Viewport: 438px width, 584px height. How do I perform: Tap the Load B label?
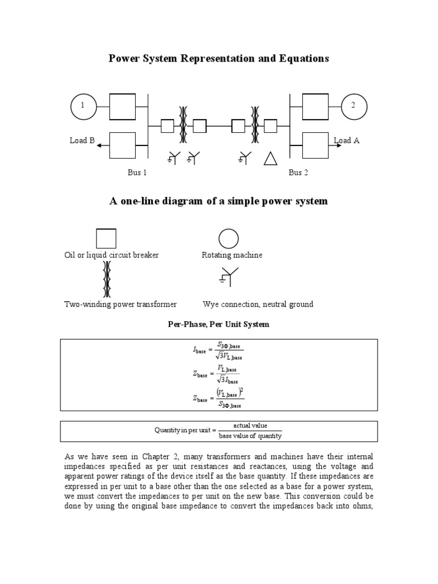pyautogui.click(x=82, y=141)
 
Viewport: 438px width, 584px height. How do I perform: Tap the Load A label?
pyautogui.click(x=347, y=141)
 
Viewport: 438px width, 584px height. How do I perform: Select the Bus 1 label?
pyautogui.click(x=137, y=173)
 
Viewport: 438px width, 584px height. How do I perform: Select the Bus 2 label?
pyautogui.click(x=298, y=173)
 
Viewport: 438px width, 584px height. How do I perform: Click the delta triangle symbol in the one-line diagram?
pyautogui.click(x=270, y=158)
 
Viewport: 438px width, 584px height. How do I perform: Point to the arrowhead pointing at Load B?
pyautogui.click(x=99, y=145)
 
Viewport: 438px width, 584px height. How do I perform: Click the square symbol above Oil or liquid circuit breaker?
pyautogui.click(x=106, y=238)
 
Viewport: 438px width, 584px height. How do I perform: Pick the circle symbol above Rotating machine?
pyautogui.click(x=229, y=238)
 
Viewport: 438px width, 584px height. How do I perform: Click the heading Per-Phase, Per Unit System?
pyautogui.click(x=218, y=325)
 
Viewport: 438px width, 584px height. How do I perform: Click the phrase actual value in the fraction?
pyautogui.click(x=250, y=426)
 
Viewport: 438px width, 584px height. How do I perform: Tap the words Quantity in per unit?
pyautogui.click(x=183, y=431)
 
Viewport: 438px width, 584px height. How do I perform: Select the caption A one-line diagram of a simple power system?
pyautogui.click(x=218, y=201)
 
